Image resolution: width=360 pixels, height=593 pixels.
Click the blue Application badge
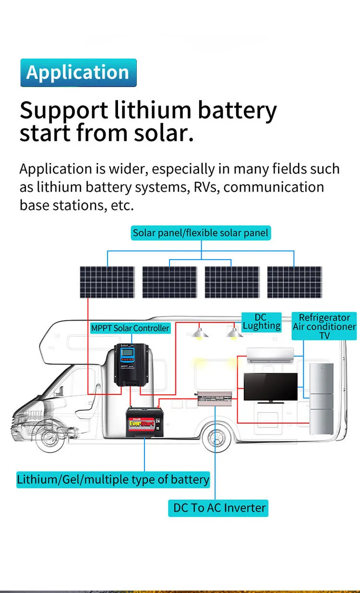78,73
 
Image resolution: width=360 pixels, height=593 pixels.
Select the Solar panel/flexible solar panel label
201,234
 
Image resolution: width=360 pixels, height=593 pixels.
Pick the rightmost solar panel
294,282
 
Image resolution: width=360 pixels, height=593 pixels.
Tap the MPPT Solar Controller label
130,328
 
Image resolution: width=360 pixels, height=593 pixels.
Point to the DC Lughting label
261,322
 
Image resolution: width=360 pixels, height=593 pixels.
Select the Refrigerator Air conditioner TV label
324,326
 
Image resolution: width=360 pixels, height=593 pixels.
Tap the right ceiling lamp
234,332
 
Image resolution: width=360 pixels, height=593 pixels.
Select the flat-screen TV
270,387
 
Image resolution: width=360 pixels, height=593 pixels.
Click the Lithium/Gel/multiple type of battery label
113,479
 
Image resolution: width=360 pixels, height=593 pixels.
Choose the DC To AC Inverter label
218,508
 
